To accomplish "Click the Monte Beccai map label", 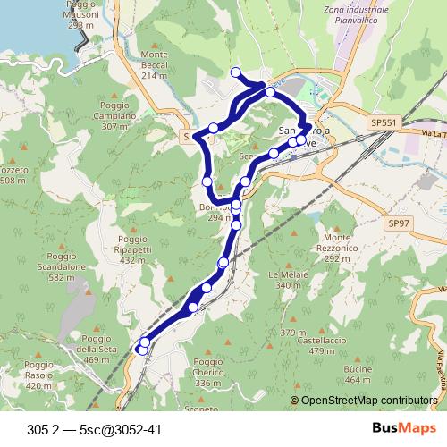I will click(x=155, y=64).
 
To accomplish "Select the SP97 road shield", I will click(x=398, y=222).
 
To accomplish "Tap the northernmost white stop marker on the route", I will click(x=235, y=72).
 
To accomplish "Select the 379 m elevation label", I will click(x=287, y=333).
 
